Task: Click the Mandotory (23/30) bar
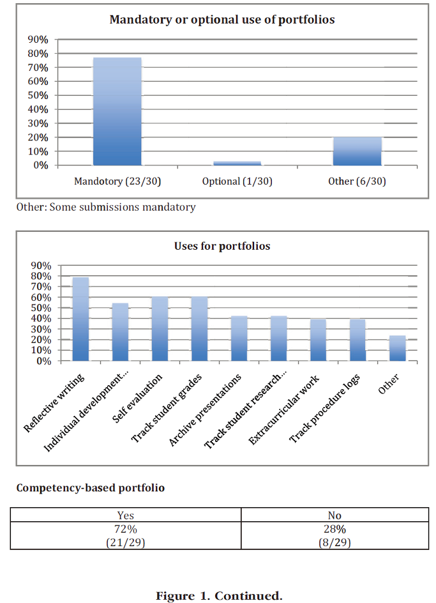click(117, 112)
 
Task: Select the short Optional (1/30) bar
click(237, 164)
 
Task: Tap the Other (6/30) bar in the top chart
click(357, 151)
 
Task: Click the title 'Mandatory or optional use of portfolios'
click(222, 20)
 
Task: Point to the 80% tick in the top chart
click(38, 54)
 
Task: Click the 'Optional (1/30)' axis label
click(237, 181)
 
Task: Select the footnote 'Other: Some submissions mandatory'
click(106, 207)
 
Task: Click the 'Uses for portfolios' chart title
click(222, 246)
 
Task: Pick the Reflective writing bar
click(80, 319)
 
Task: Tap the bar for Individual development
click(121, 332)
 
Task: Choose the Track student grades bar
click(200, 329)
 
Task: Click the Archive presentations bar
click(239, 339)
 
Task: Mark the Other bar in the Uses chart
click(398, 348)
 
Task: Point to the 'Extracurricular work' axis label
click(283, 409)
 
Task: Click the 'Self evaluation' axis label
click(137, 399)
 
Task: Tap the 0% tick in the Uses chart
click(44, 361)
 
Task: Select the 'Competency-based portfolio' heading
click(91, 488)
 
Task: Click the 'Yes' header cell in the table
click(126, 515)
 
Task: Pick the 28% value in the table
click(335, 529)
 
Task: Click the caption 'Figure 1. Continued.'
click(219, 596)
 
